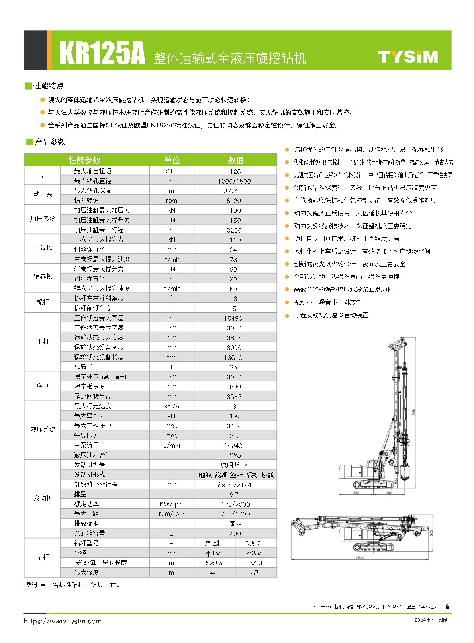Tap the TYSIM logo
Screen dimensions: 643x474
(407, 57)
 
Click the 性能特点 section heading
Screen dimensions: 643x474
(48, 86)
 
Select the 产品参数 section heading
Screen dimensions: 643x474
(50, 142)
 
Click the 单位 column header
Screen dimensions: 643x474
(172, 160)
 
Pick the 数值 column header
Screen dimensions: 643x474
(235, 160)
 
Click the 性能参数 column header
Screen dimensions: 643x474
(85, 160)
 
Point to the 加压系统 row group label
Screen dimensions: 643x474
(43, 219)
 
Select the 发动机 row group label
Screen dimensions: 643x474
(43, 498)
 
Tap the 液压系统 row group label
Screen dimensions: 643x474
(43, 430)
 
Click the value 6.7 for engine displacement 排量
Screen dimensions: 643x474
(234, 494)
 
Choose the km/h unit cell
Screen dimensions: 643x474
(171, 406)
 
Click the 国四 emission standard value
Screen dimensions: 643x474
(235, 524)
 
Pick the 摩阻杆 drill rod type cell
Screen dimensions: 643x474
(214, 543)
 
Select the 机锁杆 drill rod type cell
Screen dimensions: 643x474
(255, 543)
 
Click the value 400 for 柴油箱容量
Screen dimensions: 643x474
(235, 534)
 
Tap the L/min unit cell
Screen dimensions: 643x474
(171, 445)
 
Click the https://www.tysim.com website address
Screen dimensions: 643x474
(63, 621)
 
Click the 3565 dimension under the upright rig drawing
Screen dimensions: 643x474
(356, 493)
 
